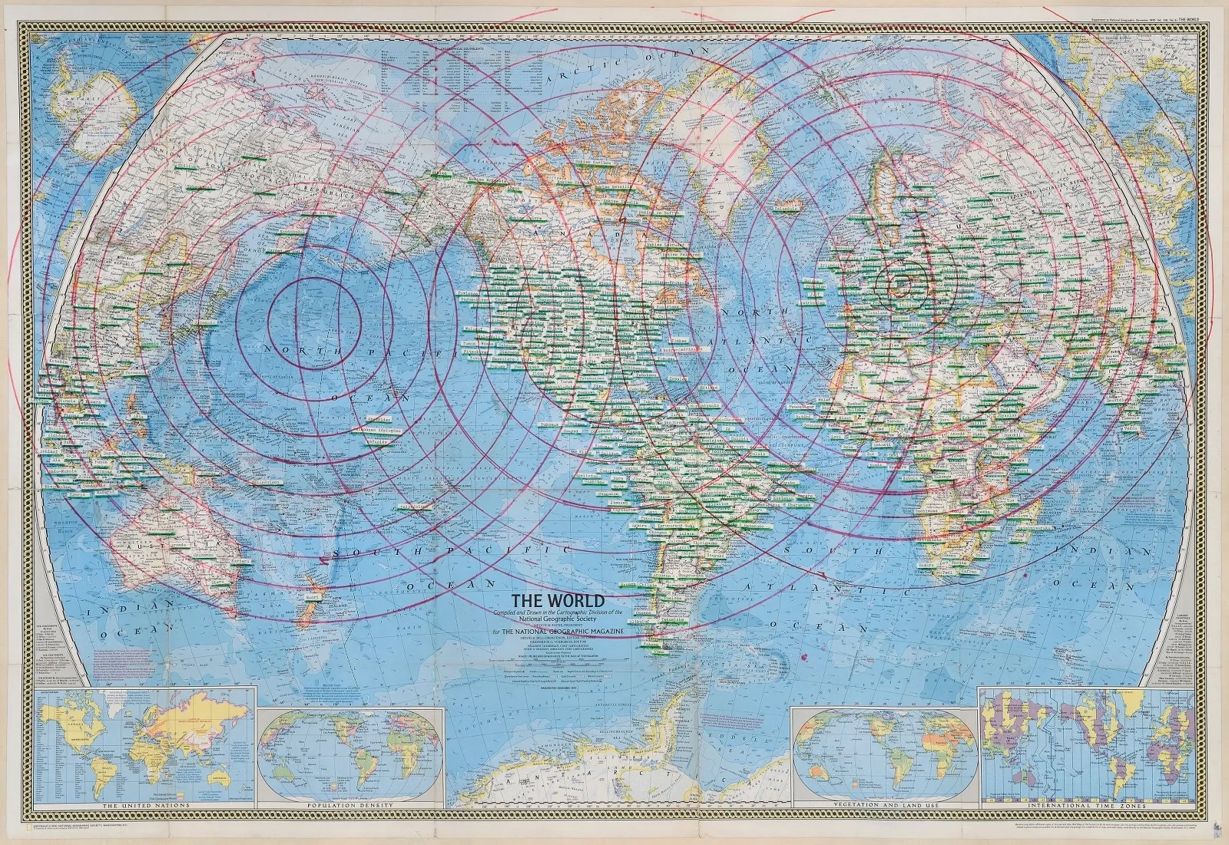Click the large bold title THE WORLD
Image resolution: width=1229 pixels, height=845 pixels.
pyautogui.click(x=558, y=600)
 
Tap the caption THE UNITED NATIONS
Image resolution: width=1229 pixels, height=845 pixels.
pyautogui.click(x=145, y=805)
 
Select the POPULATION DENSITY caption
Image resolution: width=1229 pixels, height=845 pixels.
pyautogui.click(x=349, y=805)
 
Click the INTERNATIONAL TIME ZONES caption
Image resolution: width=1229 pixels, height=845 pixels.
pyautogui.click(x=1088, y=806)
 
